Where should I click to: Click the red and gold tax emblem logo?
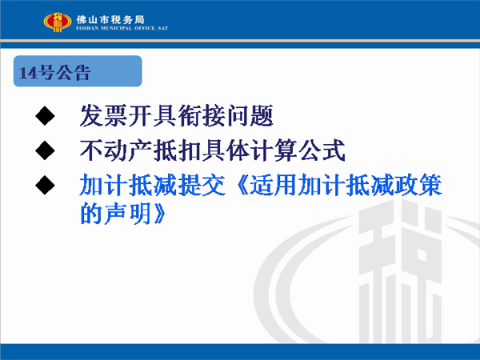pos(58,22)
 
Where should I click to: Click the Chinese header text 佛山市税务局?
pos(110,20)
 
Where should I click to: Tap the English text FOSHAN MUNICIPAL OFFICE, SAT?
pos(122,28)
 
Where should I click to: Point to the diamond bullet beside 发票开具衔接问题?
pos(45,116)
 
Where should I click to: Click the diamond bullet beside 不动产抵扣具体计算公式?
pos(45,150)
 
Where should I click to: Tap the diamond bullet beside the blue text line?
pos(45,185)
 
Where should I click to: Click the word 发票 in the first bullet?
pos(103,116)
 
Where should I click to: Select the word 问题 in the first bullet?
pos(250,116)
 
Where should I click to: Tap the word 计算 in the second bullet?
pos(274,150)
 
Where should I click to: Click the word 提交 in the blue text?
pos(201,185)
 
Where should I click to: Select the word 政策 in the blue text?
pos(418,185)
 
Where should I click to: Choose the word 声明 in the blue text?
pos(128,214)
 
